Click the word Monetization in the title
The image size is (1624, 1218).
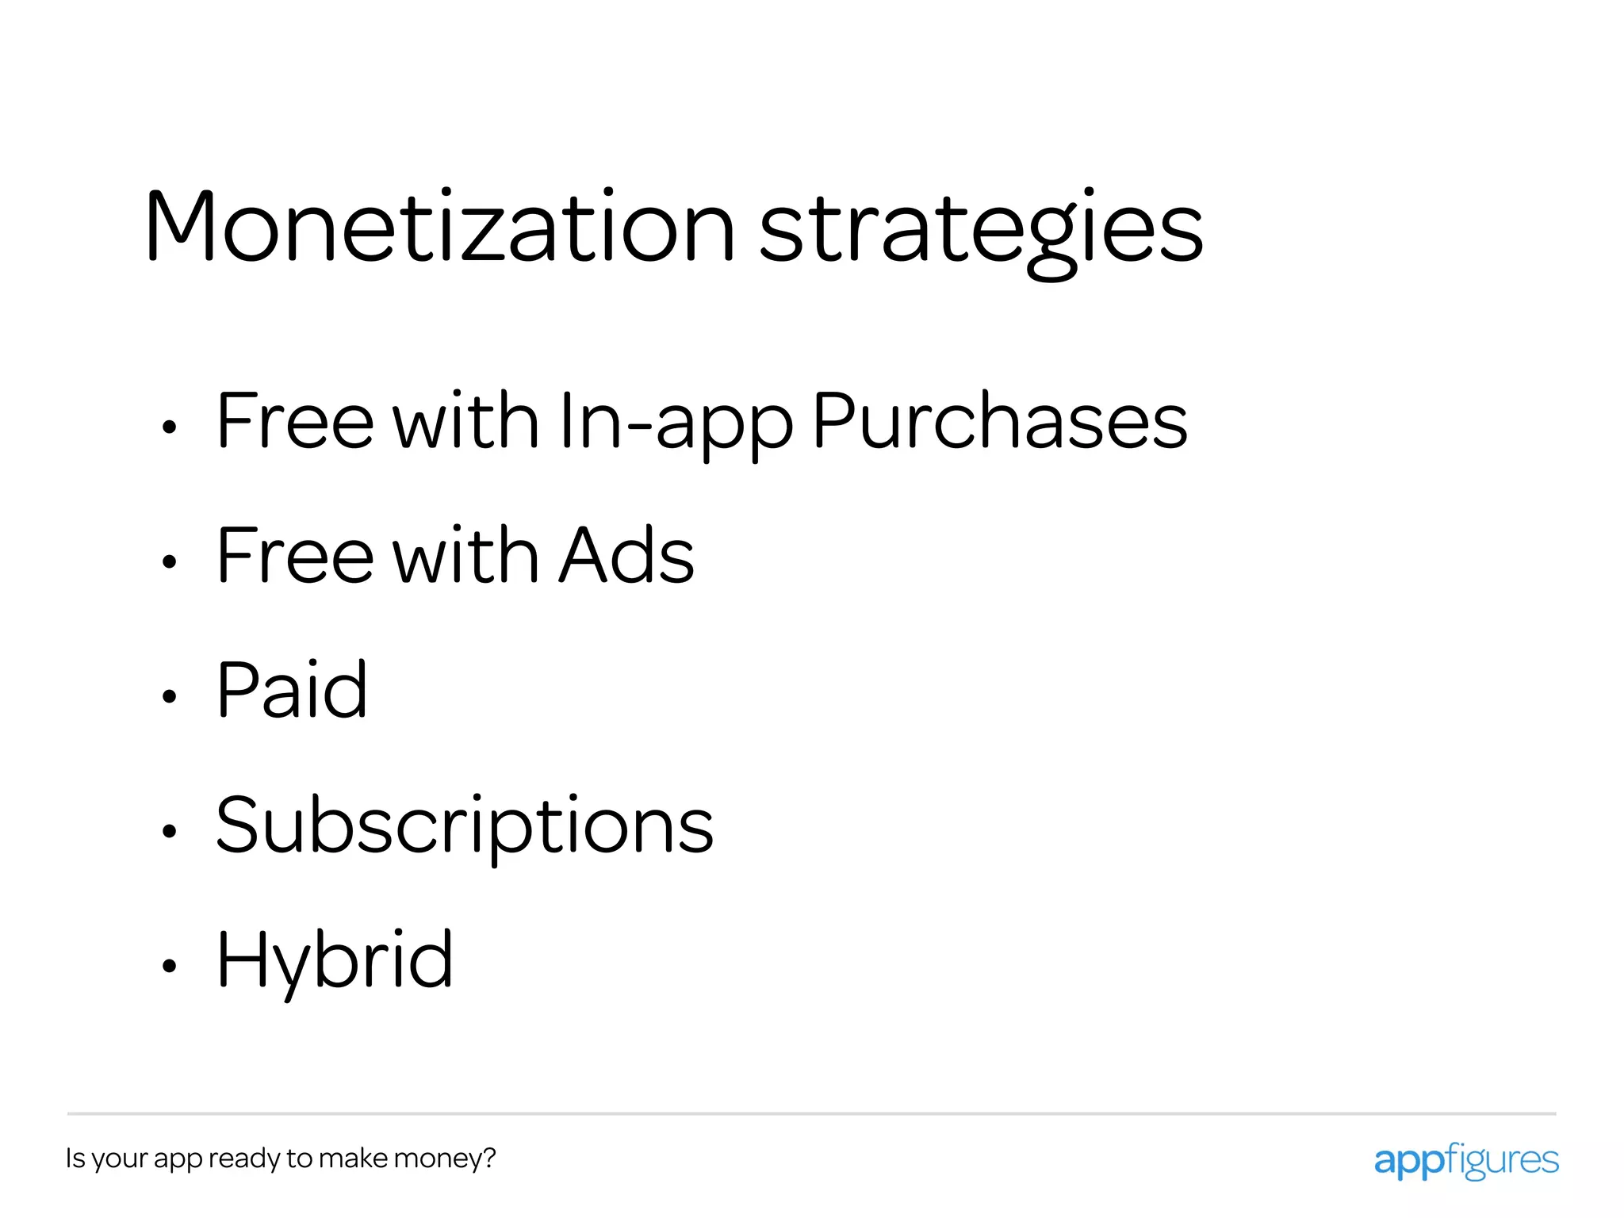pos(439,227)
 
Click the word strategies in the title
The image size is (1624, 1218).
pos(981,230)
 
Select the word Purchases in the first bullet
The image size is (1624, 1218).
pos(1000,421)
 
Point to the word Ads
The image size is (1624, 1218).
pos(626,556)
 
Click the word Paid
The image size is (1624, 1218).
pos(292,691)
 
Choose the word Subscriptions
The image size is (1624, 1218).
pos(465,827)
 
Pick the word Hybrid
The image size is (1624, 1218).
pos(335,962)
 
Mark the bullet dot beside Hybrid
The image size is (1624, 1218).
pos(168,966)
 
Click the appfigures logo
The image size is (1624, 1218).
pos(1465,1161)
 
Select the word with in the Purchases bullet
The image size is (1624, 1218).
pos(466,421)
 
